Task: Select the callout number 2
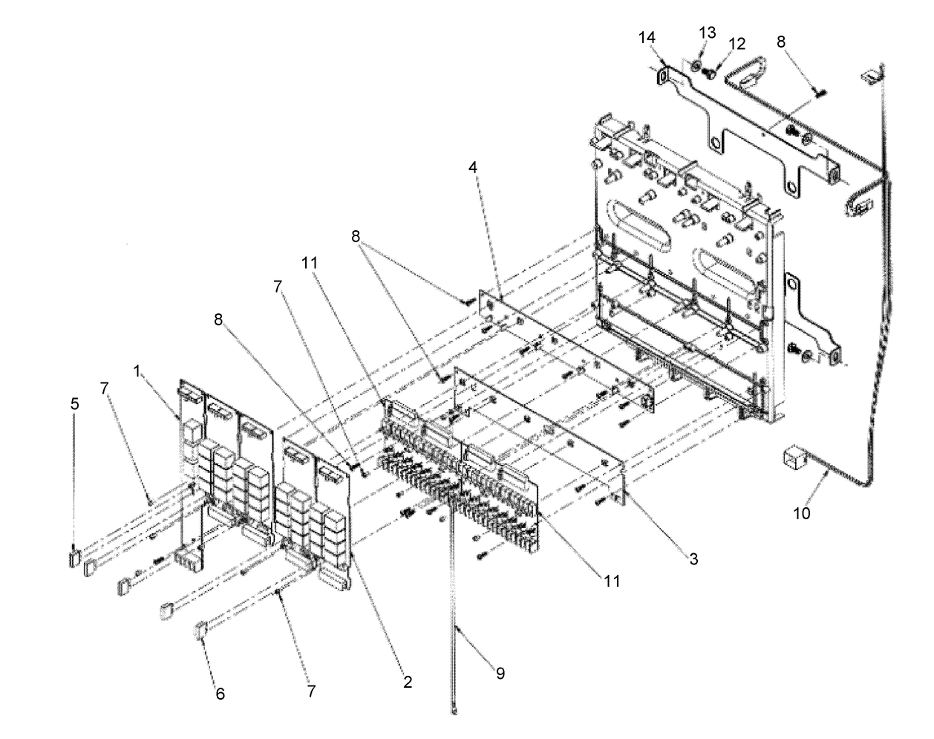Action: tap(408, 680)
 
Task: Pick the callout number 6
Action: tap(220, 694)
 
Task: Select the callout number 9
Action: tap(500, 673)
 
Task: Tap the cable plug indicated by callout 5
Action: tap(74, 557)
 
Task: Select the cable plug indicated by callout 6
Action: tap(200, 632)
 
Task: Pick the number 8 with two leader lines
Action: tap(356, 238)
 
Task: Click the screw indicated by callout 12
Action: tap(710, 74)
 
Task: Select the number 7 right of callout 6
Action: tap(311, 691)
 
